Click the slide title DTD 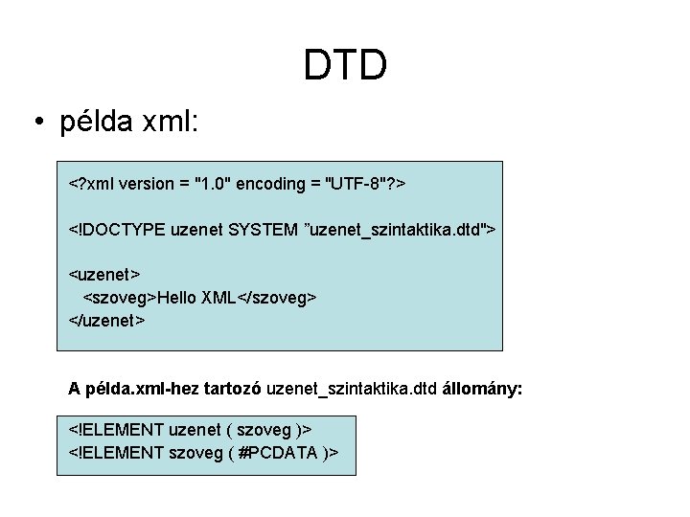coord(345,65)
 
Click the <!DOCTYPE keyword coord(114,229)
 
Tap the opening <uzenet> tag coord(105,275)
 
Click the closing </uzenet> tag coord(107,319)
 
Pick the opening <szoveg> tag coord(121,297)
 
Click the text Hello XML coord(196,297)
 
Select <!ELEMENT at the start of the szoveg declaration coord(115,452)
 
